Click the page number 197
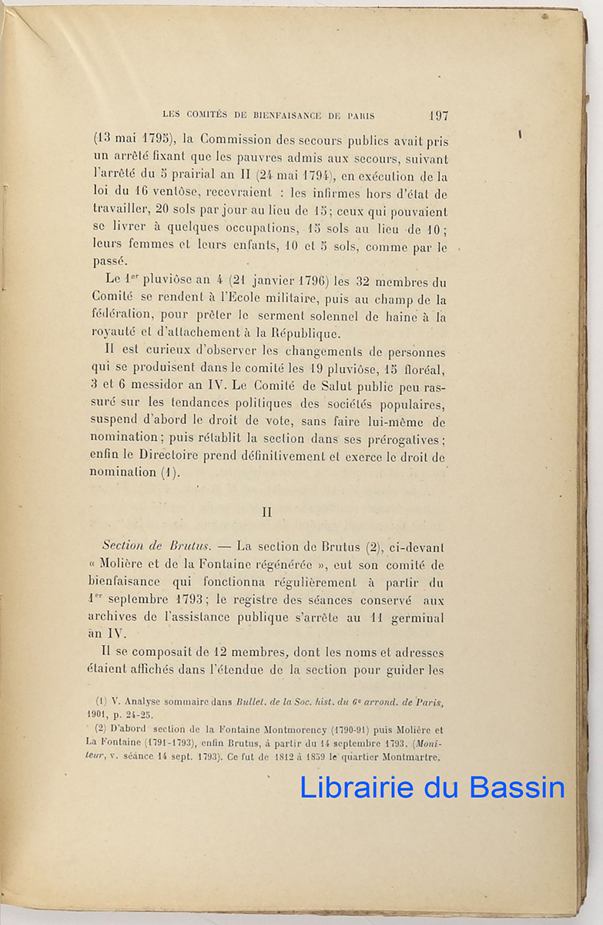pos(438,116)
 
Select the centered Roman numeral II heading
pos(267,512)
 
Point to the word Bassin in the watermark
pos(514,786)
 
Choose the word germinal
pos(417,618)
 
